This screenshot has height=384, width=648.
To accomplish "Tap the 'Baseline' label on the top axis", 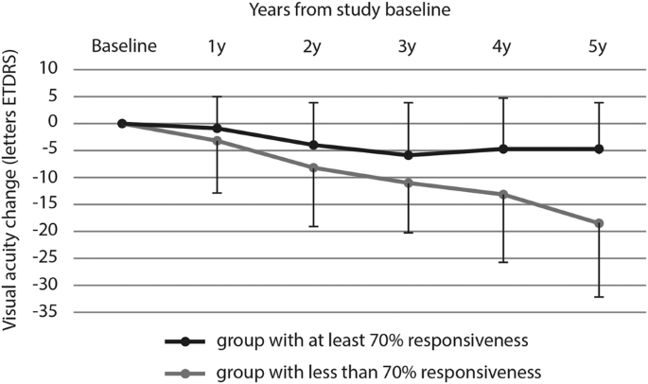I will click(122, 45).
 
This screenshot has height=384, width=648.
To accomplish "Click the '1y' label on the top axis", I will click(218, 45).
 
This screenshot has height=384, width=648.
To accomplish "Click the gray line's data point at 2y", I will click(313, 167).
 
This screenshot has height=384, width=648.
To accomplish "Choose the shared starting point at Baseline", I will click(122, 123).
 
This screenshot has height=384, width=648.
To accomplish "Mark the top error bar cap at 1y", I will click(218, 96).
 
